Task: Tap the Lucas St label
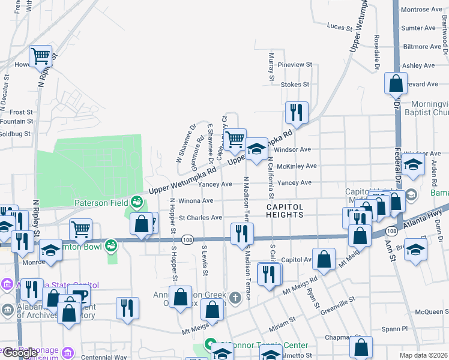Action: (339, 27)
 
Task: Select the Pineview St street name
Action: (295, 64)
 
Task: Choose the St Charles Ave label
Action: (200, 218)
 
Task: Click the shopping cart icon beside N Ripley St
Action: (40, 56)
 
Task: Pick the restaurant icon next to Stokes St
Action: (297, 112)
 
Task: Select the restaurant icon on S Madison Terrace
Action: (241, 233)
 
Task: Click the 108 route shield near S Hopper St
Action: (187, 239)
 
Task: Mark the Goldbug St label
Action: (15, 133)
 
